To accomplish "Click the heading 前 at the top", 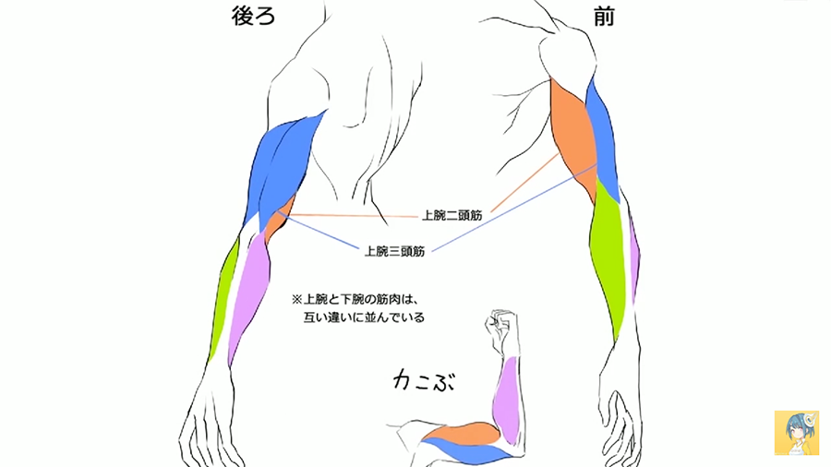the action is point(604,18).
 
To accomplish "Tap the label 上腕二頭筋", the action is point(452,215).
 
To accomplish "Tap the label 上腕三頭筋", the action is point(394,250).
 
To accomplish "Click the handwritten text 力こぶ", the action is point(425,379).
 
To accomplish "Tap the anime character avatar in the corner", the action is point(796,433).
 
